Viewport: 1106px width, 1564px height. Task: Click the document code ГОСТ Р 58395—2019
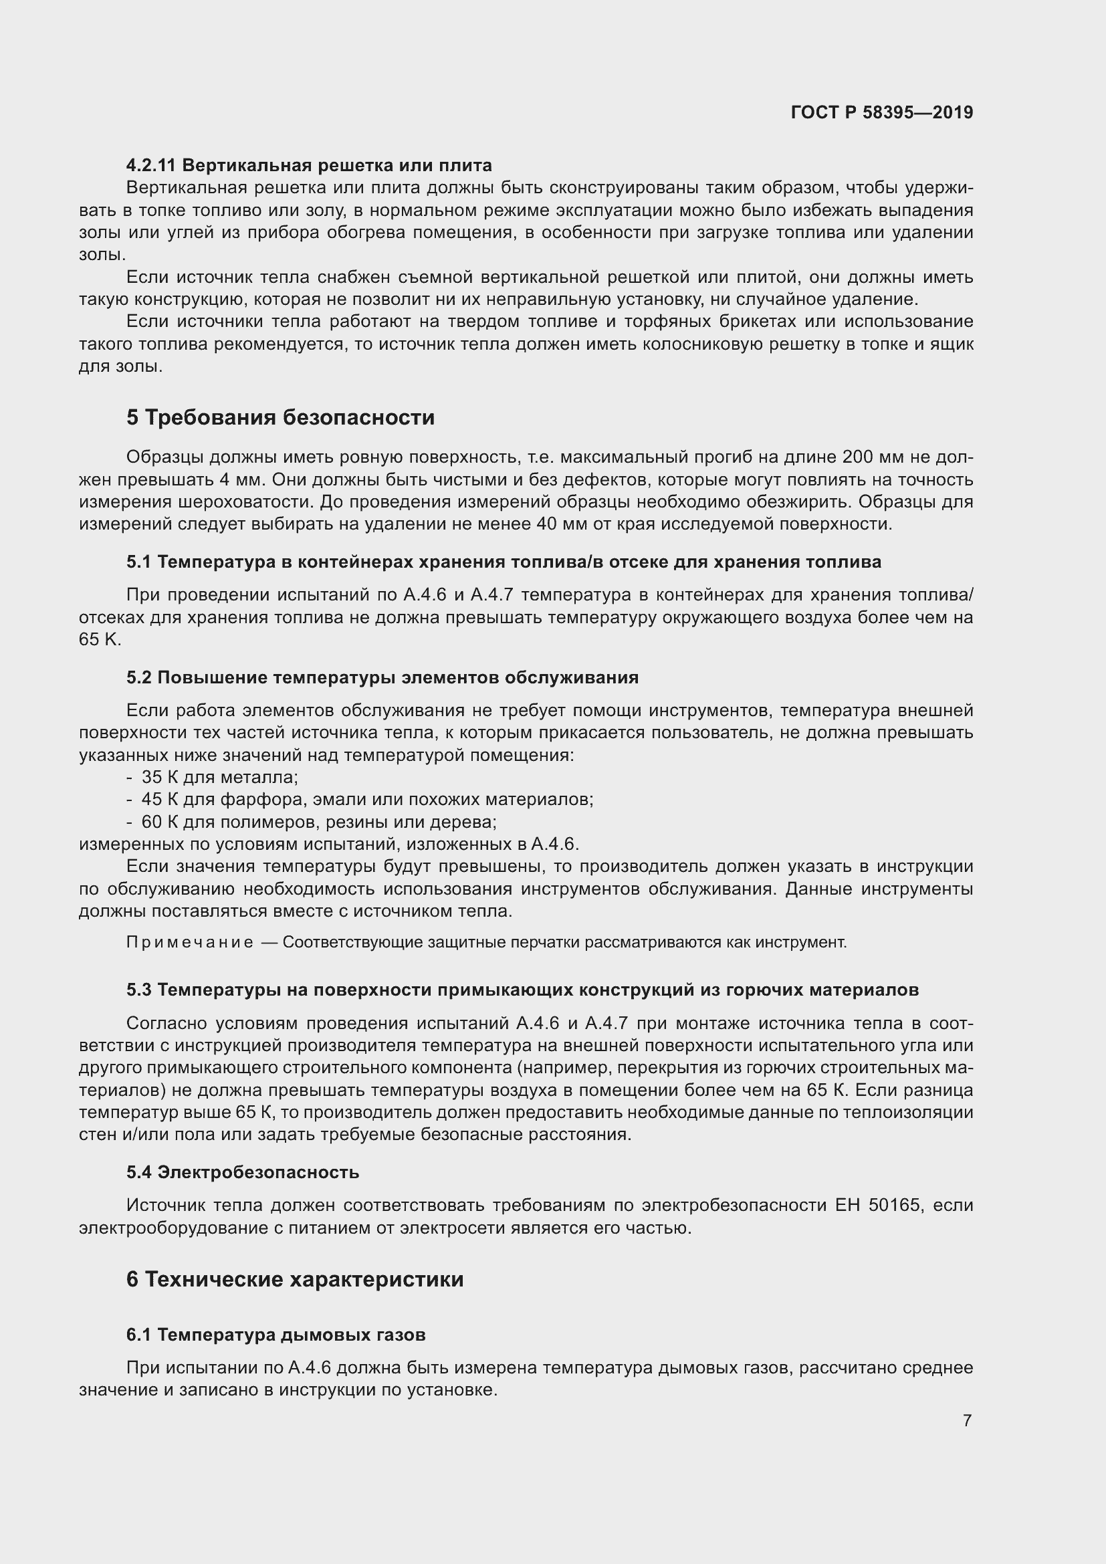pos(881,112)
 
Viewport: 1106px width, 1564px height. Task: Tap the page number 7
pos(967,1420)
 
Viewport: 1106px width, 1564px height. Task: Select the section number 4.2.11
pos(151,165)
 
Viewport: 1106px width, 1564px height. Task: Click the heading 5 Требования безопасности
pos(280,417)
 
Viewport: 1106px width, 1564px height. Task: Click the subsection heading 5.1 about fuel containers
pos(504,562)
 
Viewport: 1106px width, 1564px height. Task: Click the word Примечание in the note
pos(189,943)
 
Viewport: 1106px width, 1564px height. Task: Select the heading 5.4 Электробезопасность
pos(243,1172)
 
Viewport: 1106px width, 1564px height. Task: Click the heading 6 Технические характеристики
pos(294,1279)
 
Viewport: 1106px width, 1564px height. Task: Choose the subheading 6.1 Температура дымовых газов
pos(275,1335)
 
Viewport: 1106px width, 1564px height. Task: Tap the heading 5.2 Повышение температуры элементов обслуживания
pos(382,678)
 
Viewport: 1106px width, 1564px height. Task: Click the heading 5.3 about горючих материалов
pos(522,990)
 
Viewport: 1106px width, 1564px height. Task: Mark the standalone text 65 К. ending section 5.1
pos(100,640)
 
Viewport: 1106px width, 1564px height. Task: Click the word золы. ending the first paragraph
pos(102,255)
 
